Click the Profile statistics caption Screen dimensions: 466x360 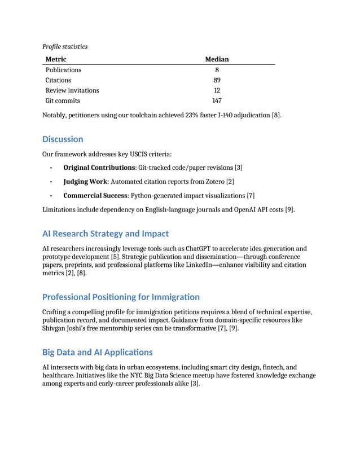pyautogui.click(x=65, y=46)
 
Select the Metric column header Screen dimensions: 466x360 pyautogui.click(x=56, y=59)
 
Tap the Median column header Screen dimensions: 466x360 pyautogui.click(x=217, y=59)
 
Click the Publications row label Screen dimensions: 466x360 pyautogui.click(x=63, y=70)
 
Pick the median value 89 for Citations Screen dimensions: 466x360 pyautogui.click(x=217, y=80)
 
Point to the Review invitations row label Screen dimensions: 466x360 pyautogui.click(x=72, y=90)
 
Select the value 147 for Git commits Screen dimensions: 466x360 pyautogui.click(x=217, y=101)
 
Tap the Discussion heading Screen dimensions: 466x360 pyautogui.click(x=63, y=139)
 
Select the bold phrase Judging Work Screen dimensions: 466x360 pyautogui.click(x=85, y=182)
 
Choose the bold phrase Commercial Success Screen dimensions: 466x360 pyautogui.click(x=95, y=196)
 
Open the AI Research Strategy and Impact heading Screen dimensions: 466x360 pyautogui.click(x=106, y=234)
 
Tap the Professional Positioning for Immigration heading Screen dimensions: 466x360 pyautogui.click(x=121, y=297)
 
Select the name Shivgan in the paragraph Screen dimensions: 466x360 pyautogui.click(x=57, y=328)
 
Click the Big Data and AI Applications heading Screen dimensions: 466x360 pyautogui.click(x=98, y=353)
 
